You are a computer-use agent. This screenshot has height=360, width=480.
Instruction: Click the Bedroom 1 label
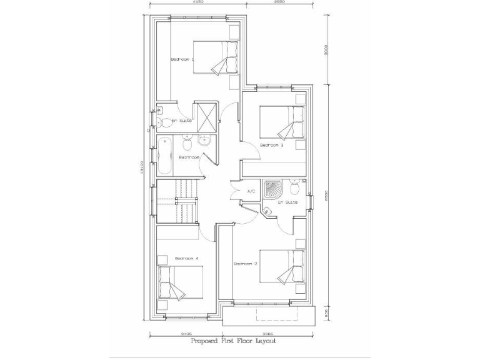[182, 59]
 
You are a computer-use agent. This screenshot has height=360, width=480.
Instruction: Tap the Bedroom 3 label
[272, 145]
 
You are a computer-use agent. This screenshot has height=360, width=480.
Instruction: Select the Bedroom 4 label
[186, 258]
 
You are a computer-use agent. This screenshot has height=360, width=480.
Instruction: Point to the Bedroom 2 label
[246, 264]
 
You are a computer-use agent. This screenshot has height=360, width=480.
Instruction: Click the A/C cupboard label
[252, 191]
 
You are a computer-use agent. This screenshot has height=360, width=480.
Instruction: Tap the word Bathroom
[189, 157]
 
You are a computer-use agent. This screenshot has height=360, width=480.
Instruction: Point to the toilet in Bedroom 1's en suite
[159, 121]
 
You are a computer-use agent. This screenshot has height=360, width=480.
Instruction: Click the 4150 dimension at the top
[199, 2]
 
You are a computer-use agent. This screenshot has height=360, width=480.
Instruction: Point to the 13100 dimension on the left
[143, 168]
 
